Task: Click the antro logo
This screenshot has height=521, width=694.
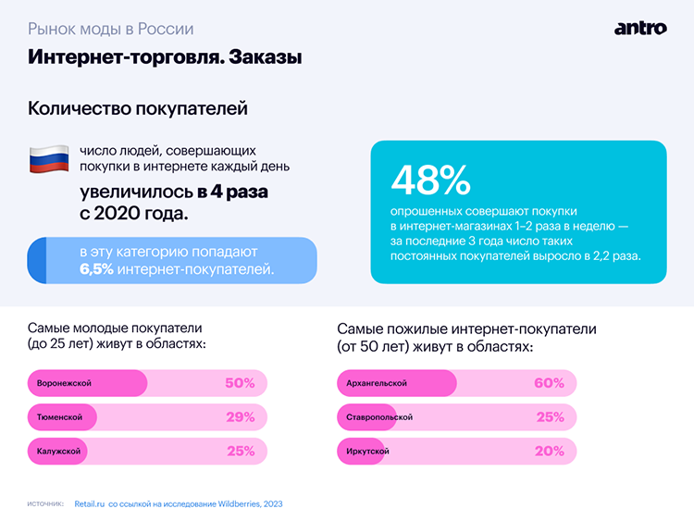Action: tap(639, 28)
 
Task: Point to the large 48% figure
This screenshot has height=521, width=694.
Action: tap(430, 180)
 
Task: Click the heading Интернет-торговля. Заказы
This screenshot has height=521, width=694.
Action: tap(165, 57)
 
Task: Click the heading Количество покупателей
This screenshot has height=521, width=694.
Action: tap(138, 108)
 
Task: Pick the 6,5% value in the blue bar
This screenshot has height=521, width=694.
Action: tap(96, 270)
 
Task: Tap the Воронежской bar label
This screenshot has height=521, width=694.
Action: tap(65, 383)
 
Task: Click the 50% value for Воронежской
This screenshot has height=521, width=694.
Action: tap(240, 383)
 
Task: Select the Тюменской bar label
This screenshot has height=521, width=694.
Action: tap(60, 417)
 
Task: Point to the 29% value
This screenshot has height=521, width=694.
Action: tap(240, 417)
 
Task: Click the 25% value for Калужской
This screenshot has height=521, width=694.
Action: tap(240, 451)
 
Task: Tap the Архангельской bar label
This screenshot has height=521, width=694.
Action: tap(376, 383)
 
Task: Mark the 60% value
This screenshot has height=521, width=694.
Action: tap(549, 383)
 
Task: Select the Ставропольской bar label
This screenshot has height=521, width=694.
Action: tap(378, 417)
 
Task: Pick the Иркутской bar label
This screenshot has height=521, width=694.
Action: tap(367, 451)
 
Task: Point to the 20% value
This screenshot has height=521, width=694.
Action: tap(549, 451)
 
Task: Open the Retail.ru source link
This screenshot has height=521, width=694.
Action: tap(90, 504)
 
